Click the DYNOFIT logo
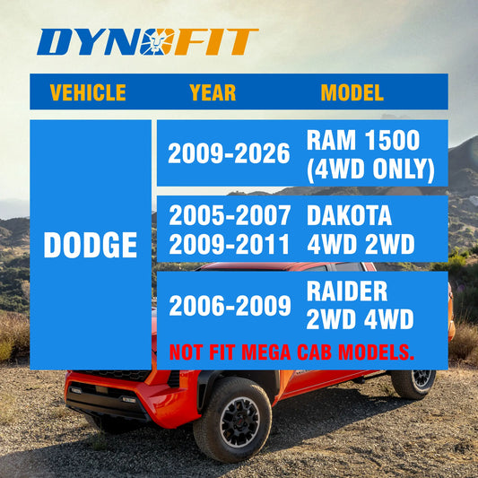pos(149,41)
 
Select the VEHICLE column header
pos(88,92)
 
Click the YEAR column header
pos(213,92)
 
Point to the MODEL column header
pos(352,92)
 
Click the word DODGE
pos(91,246)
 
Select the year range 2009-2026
pos(229,154)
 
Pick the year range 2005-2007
pos(230,215)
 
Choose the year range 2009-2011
pos(230,244)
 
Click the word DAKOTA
pos(349,215)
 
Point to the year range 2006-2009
pos(230,305)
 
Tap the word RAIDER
pos(346,291)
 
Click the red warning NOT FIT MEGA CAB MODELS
pos(291,351)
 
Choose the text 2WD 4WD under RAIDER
pos(359,318)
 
